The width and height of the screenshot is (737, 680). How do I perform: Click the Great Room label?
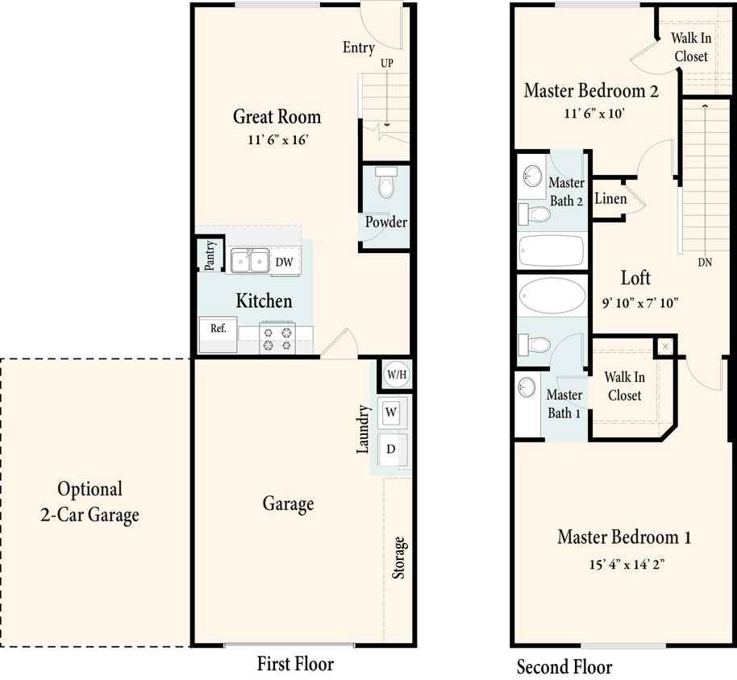tap(277, 117)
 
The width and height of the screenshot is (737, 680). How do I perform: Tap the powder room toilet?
tap(385, 185)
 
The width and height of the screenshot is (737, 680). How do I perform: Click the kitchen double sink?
tap(250, 261)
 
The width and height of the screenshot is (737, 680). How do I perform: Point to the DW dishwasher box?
tap(284, 262)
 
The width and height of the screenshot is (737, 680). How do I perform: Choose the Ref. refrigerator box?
tap(219, 328)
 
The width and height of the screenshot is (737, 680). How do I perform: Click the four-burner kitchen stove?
tap(277, 337)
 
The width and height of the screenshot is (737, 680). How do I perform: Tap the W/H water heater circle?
tap(395, 374)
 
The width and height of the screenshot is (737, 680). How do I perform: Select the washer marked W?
tap(391, 413)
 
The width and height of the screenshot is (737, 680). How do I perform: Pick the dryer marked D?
tap(391, 449)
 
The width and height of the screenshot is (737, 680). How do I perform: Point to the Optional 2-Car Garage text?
tap(90, 502)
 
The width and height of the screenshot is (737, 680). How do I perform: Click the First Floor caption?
tap(295, 664)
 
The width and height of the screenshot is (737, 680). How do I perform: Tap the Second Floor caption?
tap(564, 667)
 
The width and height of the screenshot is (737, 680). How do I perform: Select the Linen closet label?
tap(610, 198)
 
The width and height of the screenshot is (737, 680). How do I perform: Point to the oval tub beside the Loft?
tap(552, 296)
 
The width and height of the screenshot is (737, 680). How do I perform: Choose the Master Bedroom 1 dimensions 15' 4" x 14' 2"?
tap(626, 565)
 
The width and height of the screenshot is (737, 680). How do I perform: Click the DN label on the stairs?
tap(706, 263)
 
